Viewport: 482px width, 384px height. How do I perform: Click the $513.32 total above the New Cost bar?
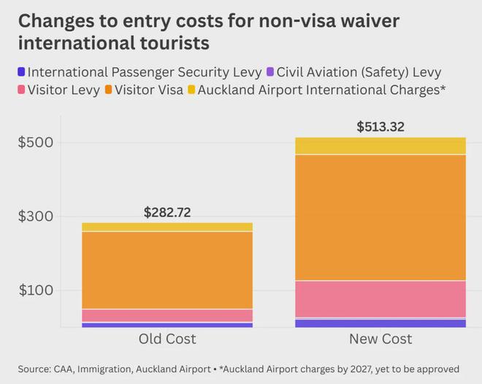pyautogui.click(x=380, y=127)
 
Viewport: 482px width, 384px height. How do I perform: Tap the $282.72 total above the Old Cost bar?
pyautogui.click(x=167, y=213)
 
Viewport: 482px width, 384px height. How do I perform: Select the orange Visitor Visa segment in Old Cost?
pyautogui.click(x=167, y=270)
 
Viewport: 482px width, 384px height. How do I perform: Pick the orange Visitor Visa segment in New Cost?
pyautogui.click(x=380, y=217)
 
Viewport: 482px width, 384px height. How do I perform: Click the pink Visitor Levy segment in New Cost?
pyautogui.click(x=380, y=298)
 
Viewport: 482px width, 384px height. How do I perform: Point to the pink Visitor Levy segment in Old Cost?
pyautogui.click(x=167, y=315)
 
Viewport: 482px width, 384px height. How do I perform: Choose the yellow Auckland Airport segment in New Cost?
pyautogui.click(x=380, y=146)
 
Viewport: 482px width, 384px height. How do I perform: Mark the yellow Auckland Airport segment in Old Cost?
pyautogui.click(x=167, y=227)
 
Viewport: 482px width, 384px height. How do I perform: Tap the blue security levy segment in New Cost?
pyautogui.click(x=380, y=323)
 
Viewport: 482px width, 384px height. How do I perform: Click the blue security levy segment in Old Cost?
pyautogui.click(x=167, y=325)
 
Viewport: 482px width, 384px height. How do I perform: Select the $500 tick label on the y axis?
pyautogui.click(x=35, y=143)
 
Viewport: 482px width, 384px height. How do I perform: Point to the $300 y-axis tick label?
pyautogui.click(x=35, y=217)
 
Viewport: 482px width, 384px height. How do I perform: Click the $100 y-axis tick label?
pyautogui.click(x=35, y=290)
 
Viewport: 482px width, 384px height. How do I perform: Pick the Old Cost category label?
pyautogui.click(x=167, y=339)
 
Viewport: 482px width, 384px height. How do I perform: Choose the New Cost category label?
pyautogui.click(x=380, y=339)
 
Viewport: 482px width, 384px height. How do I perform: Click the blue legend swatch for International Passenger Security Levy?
pyautogui.click(x=21, y=72)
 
